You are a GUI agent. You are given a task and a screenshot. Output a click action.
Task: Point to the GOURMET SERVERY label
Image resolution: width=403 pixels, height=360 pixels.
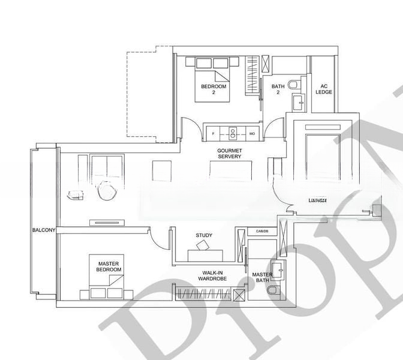(229, 153)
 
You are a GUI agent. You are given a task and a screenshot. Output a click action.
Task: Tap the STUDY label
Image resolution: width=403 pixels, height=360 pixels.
(204, 235)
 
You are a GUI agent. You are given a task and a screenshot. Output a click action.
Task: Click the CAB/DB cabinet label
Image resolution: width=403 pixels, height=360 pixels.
(262, 231)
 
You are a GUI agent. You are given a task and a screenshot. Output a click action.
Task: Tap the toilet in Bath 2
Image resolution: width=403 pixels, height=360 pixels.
(294, 85)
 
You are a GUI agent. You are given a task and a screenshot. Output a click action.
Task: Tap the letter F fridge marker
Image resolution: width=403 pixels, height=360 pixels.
(212, 133)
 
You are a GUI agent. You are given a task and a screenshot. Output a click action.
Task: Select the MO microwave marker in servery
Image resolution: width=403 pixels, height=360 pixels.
(252, 133)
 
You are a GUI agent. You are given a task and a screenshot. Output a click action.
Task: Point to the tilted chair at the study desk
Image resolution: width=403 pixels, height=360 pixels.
(202, 245)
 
